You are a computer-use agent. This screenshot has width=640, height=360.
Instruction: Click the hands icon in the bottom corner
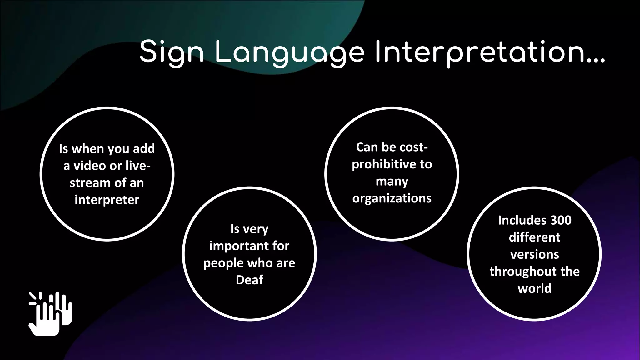pos(50,314)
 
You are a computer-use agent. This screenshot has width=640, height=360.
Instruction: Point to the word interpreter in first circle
pos(107,200)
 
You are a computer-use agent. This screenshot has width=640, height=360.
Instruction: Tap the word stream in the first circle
pos(88,183)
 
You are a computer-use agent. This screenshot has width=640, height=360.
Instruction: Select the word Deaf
pos(249,280)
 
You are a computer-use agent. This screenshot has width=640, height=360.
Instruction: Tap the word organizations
pos(392,198)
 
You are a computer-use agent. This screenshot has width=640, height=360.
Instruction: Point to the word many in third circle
pos(392,182)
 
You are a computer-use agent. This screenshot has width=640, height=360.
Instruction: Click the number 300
pos(561,220)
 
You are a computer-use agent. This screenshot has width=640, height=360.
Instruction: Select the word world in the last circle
pos(534,288)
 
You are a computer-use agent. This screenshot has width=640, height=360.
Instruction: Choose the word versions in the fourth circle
pos(534,254)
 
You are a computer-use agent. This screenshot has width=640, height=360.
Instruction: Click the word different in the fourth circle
pos(534,237)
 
